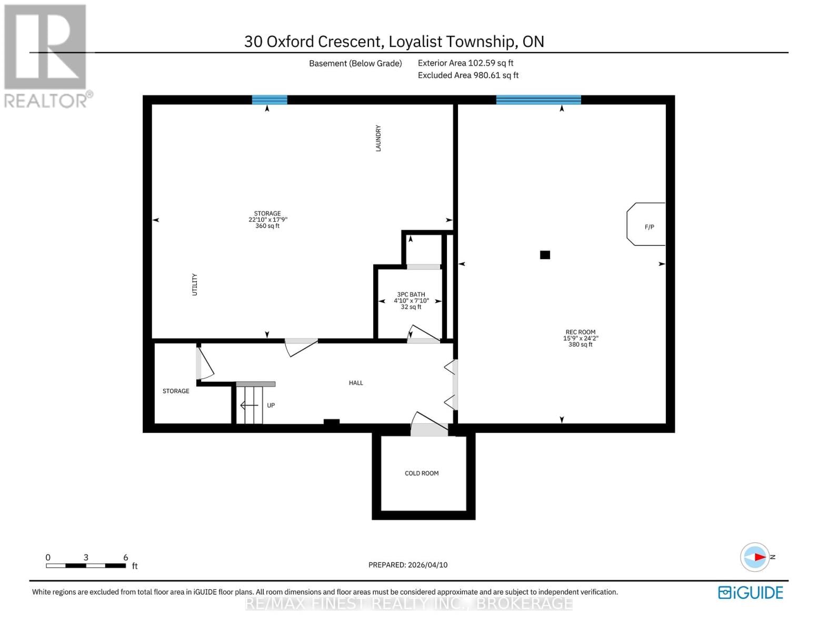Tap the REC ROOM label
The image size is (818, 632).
tap(580, 332)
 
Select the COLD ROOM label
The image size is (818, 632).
tap(421, 473)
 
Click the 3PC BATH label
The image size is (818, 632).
tap(411, 294)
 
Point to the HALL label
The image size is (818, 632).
tap(356, 383)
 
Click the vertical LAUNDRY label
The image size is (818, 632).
tap(378, 138)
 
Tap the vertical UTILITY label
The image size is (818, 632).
tap(194, 284)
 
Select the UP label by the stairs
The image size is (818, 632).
tap(271, 406)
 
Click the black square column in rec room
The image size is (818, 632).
tap(545, 255)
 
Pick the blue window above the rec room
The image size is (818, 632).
tap(538, 100)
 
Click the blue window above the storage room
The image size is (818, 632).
tap(270, 100)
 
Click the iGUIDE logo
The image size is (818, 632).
tap(751, 592)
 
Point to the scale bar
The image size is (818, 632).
tap(86, 566)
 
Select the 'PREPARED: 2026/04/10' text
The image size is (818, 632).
tap(408, 565)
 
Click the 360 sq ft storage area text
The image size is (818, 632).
tap(267, 226)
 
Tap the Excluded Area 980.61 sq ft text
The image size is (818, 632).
tap(468, 75)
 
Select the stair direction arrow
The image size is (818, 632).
tap(248, 406)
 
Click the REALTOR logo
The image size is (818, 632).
tap(46, 55)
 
